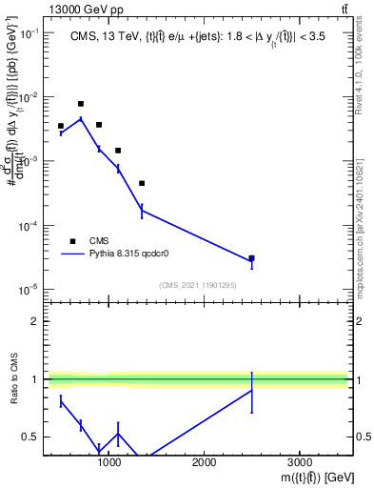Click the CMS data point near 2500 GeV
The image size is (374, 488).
pos(251,258)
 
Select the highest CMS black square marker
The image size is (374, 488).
pos(81,104)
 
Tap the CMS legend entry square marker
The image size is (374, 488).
pos(72,241)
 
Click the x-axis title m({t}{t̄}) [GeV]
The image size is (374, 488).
pos(304,477)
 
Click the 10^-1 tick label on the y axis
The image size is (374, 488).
pos(29,33)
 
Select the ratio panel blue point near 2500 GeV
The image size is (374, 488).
pos(251,391)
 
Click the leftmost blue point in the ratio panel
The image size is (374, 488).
pos(61,402)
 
